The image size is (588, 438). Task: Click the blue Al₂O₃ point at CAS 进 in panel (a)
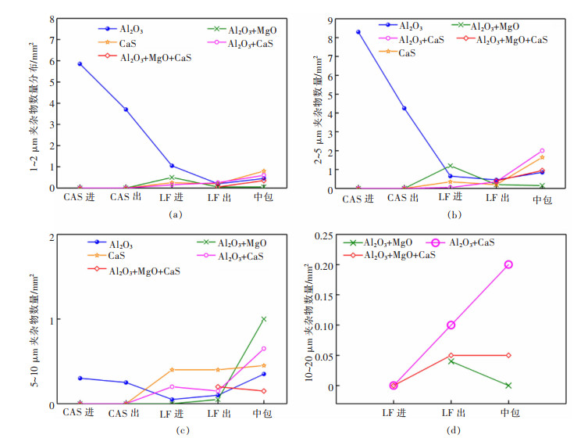[80, 63]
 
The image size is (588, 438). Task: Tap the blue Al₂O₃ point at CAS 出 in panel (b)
[404, 108]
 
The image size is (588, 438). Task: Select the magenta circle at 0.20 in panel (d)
[508, 264]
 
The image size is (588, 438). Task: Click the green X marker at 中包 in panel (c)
[263, 319]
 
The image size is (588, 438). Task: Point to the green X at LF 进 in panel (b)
[450, 166]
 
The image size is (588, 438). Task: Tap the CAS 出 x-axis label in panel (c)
[125, 412]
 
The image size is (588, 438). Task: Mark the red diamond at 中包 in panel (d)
[508, 355]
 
